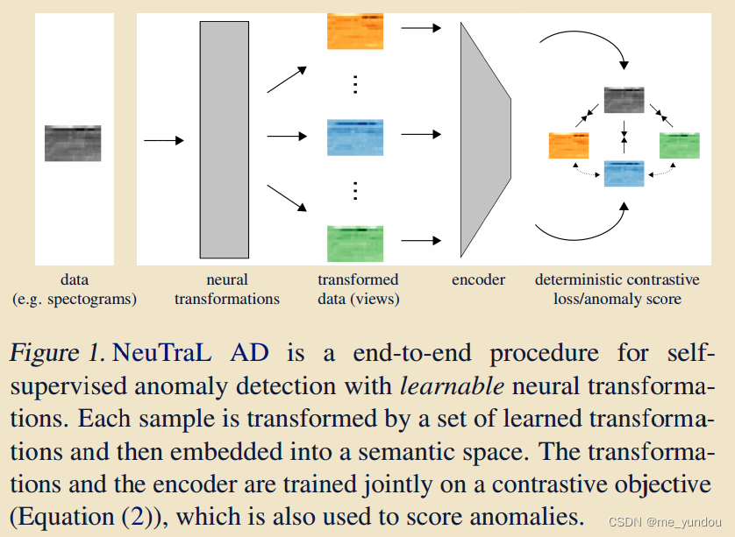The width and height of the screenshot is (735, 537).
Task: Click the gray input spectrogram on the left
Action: tap(73, 143)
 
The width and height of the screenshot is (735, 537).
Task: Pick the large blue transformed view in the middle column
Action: tap(355, 136)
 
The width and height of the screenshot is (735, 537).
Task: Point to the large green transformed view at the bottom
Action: tap(355, 243)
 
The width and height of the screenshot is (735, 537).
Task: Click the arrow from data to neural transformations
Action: tap(163, 140)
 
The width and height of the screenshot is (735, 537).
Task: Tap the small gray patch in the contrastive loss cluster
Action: tap(624, 100)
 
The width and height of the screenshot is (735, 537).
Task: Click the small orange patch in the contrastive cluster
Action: tap(567, 145)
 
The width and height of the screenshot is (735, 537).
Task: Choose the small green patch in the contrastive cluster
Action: tap(680, 145)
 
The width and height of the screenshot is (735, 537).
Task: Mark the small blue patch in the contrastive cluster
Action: tap(624, 173)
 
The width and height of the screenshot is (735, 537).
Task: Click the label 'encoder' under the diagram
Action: tap(479, 280)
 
